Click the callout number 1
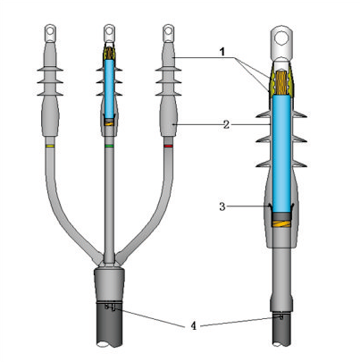[x=222, y=52]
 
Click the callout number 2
[x=227, y=124]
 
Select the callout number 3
[x=222, y=206]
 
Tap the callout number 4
[x=194, y=326]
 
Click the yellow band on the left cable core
[x=50, y=147]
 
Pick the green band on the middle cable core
[x=109, y=146]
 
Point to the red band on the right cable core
[x=168, y=146]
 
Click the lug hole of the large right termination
[x=280, y=38]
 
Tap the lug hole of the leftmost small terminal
[x=50, y=30]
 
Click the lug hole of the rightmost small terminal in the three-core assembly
[x=169, y=30]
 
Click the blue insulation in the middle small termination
[x=109, y=88]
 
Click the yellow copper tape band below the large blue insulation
[x=281, y=223]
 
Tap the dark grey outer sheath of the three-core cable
[x=110, y=325]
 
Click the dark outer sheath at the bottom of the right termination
[x=281, y=330]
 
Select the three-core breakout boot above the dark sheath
[x=109, y=284]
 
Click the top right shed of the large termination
[x=299, y=114]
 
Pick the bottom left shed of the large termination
[x=264, y=164]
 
